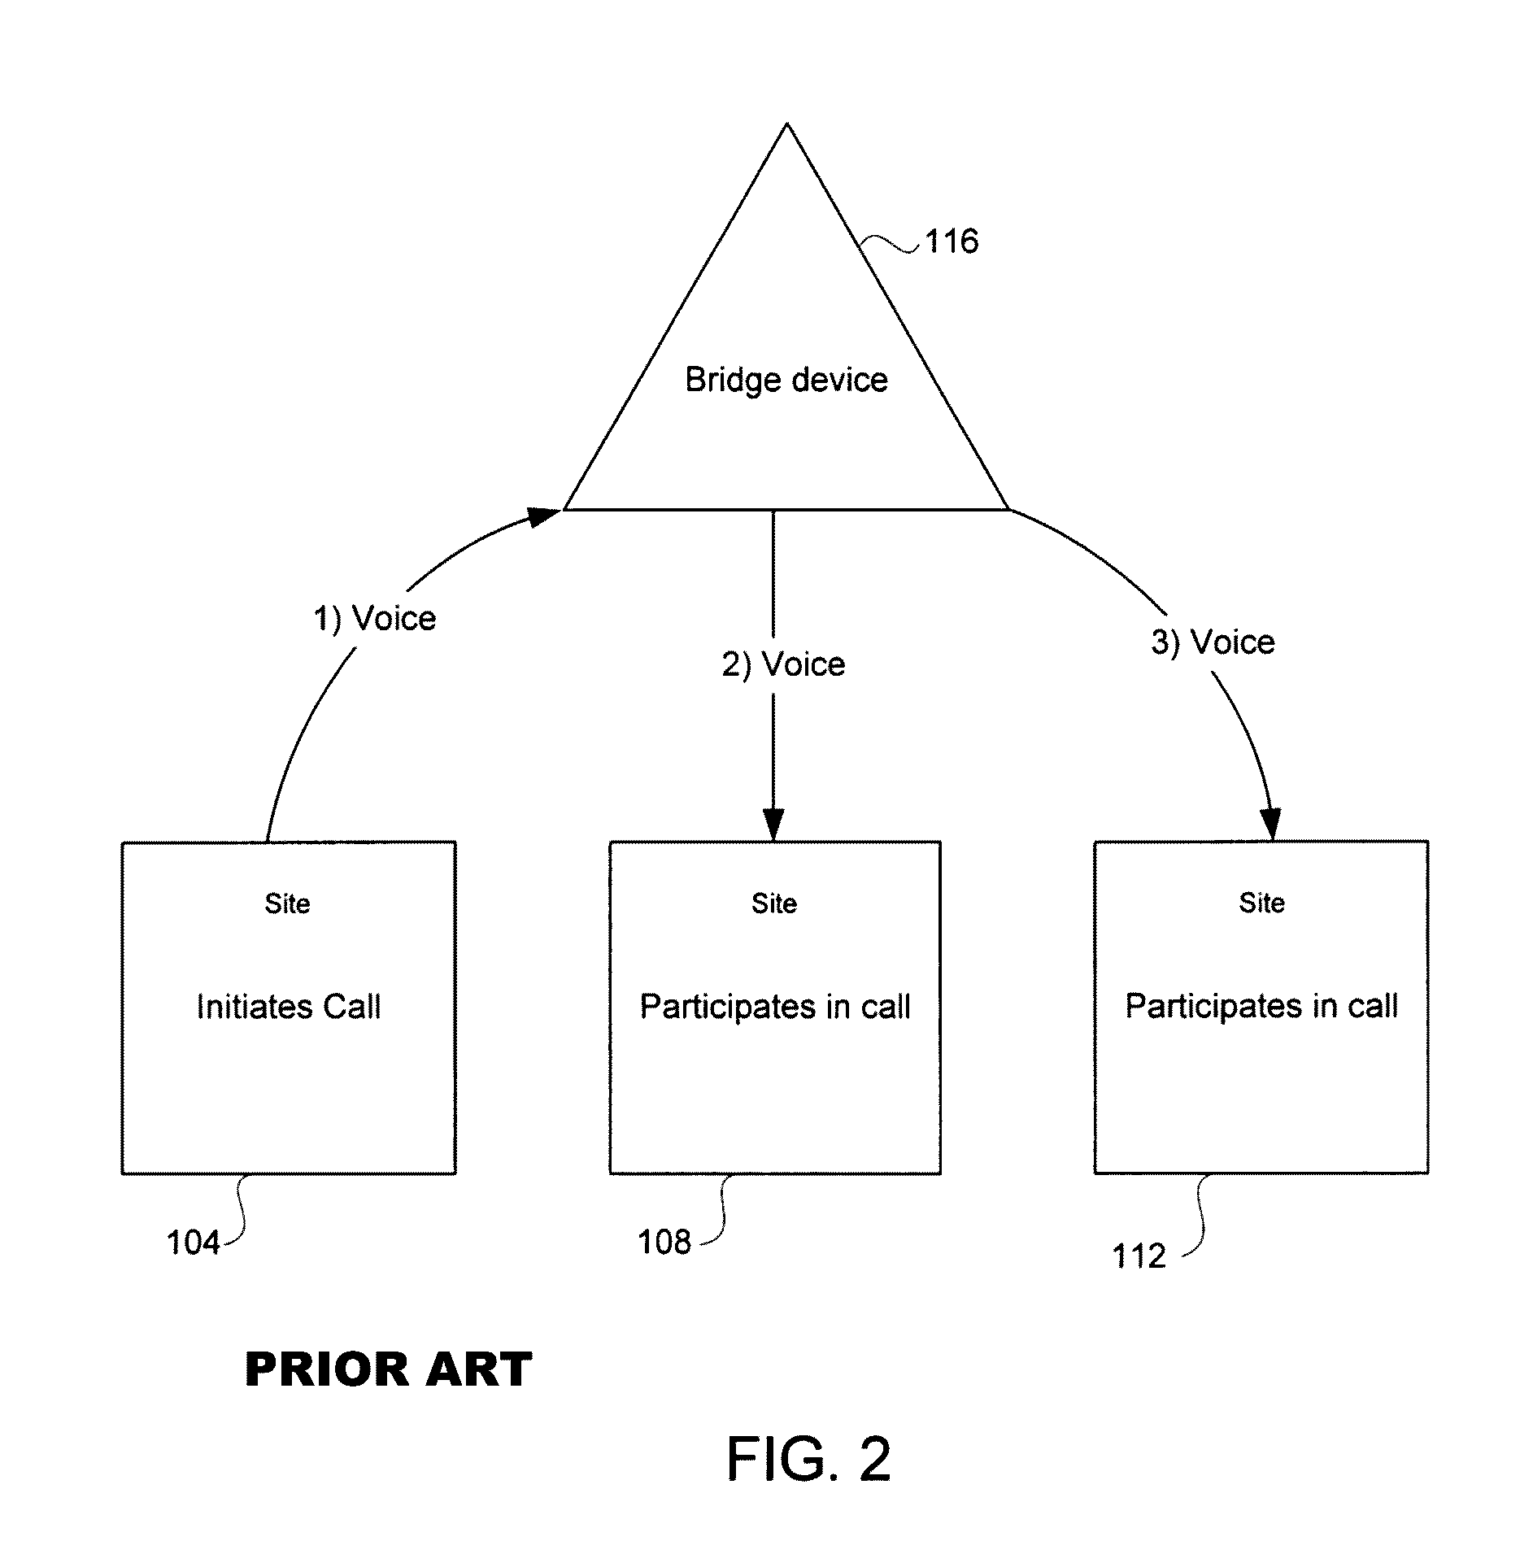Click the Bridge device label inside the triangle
coord(786,380)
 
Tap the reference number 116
coord(952,241)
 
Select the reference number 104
coord(193,1243)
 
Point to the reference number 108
coord(664,1242)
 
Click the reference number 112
coord(1139,1256)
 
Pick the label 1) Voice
coord(375,619)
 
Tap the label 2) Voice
coord(784,664)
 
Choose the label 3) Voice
coord(1213,642)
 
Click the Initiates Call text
coord(289,1007)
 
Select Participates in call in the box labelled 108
coord(775,1008)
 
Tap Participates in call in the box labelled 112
coord(1261,1007)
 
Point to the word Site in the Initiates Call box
coord(287,903)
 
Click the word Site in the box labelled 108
coord(774,903)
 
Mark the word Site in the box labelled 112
coord(1262,903)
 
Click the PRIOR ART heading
coord(389,1369)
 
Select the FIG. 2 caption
coord(808,1459)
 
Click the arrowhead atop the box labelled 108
coord(773,825)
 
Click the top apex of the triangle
coord(786,124)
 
